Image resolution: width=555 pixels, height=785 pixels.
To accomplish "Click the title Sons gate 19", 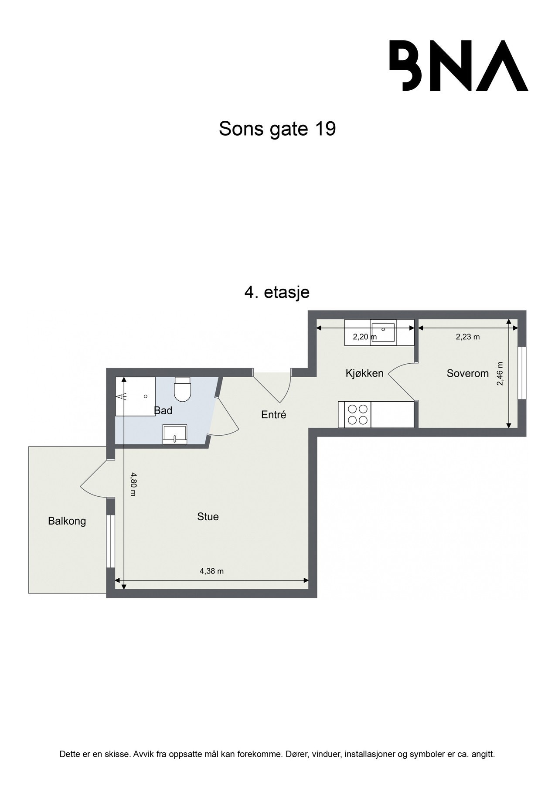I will [x=277, y=129].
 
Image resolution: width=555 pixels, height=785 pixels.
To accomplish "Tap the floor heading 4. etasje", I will [x=277, y=292].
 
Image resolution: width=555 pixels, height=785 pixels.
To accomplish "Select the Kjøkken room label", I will [x=364, y=373].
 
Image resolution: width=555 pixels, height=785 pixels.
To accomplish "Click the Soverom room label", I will [x=467, y=373].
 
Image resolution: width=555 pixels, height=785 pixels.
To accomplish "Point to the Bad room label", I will [x=163, y=410].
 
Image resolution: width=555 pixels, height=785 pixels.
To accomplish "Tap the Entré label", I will [x=273, y=415].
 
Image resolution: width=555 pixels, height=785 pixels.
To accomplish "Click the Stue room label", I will [x=208, y=517].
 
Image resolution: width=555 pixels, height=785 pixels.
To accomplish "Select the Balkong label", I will [x=67, y=521].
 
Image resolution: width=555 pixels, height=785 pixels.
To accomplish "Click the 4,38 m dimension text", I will [x=211, y=571].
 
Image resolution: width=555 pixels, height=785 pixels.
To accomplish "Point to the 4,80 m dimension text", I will [x=133, y=484].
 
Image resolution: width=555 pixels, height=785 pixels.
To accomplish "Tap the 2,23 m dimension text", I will [x=467, y=337].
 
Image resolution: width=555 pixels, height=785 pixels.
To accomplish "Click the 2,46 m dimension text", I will [x=500, y=373].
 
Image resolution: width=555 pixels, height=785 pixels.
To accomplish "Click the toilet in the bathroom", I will [x=182, y=389].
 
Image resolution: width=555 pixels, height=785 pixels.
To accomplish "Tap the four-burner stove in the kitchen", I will [x=357, y=414].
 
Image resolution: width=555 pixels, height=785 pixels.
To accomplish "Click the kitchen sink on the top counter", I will [x=383, y=332].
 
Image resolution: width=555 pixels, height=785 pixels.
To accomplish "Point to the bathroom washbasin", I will [x=174, y=434].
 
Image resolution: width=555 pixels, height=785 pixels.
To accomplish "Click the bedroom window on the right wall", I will [x=521, y=373].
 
